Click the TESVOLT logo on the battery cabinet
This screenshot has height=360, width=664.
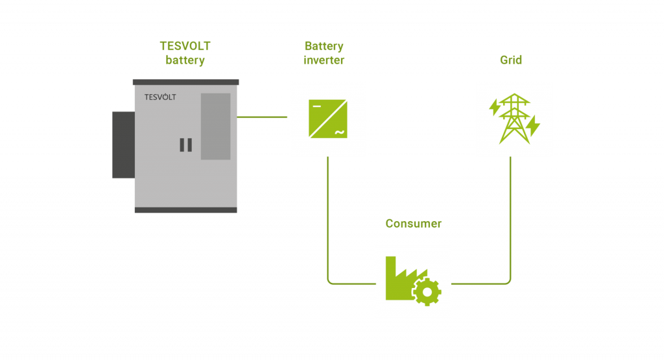point(160,97)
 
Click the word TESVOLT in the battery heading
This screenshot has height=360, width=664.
point(185,46)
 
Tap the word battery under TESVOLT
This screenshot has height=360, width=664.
point(185,61)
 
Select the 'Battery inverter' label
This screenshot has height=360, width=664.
point(324,53)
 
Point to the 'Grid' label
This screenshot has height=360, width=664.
point(511,60)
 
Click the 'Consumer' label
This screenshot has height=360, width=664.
point(413,224)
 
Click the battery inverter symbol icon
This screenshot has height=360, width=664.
point(327,119)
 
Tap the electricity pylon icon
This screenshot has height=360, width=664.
point(514,119)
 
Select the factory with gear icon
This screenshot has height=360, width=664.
point(413,280)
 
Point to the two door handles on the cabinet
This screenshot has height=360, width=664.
point(185,145)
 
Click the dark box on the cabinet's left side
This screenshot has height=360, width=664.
point(123,145)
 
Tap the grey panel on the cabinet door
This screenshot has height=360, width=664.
point(215,126)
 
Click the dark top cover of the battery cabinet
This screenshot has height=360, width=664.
point(185,82)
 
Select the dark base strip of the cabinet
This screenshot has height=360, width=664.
point(185,210)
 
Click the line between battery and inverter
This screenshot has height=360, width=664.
point(263,117)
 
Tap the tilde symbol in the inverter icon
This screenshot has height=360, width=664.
point(339,132)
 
